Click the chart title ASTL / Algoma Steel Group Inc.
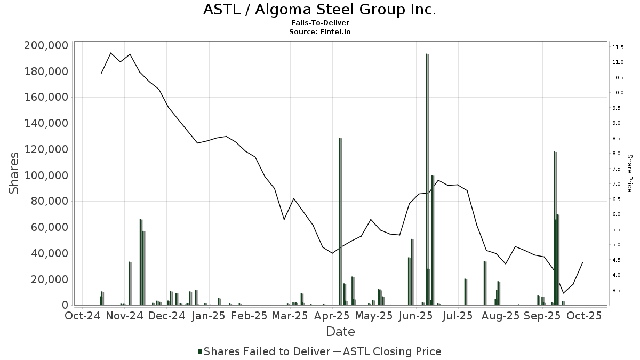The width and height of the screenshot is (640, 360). point(319,10)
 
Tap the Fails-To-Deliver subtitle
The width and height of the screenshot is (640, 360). point(319,23)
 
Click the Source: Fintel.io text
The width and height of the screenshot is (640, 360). point(319,31)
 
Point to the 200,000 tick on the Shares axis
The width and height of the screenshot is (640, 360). point(46,45)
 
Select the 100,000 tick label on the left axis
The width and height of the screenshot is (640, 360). point(46,175)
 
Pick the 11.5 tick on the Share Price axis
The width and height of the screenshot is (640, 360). point(618,47)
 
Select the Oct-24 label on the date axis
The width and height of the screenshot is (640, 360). point(83,316)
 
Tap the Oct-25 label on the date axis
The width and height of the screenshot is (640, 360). point(584,316)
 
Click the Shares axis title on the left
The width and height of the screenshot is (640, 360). point(15,173)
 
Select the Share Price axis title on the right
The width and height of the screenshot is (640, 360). point(630,173)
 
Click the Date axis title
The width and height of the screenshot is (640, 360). point(340,332)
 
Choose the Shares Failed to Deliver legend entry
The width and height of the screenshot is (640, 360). point(264,351)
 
